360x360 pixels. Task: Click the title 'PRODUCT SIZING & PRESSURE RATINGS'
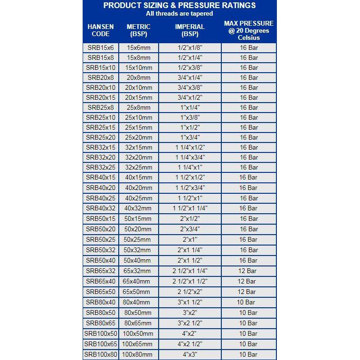tap(180, 5)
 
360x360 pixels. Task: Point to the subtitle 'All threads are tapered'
tap(180, 13)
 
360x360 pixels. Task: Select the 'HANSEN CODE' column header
tap(100, 30)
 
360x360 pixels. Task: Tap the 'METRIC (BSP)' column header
tap(139, 30)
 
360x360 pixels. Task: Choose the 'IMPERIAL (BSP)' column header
tap(190, 30)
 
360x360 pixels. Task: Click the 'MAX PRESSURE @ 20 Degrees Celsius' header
tap(249, 30)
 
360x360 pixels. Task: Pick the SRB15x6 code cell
tap(100, 47)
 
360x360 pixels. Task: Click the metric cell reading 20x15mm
tap(139, 97)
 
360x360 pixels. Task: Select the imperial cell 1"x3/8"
tap(190, 117)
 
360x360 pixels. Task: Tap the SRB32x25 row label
tap(100, 167)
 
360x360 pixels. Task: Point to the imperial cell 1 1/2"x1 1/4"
tap(190, 208)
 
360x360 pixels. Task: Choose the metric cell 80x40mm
tap(139, 302)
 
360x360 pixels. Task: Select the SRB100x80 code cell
tap(100, 354)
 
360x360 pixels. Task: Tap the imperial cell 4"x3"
tap(190, 354)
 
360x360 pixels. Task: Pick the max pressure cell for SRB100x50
tap(248, 333)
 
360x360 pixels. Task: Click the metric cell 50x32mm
tap(139, 250)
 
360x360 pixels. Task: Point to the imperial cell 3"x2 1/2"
tap(190, 323)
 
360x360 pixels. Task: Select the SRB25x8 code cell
tap(100, 107)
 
